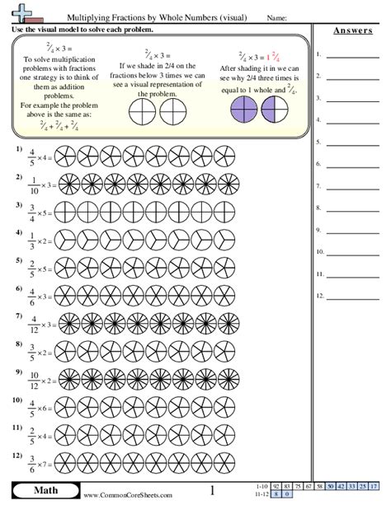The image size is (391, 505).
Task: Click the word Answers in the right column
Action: click(x=351, y=30)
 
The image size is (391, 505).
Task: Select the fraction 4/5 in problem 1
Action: click(x=32, y=155)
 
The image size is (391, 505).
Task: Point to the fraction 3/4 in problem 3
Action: click(x=32, y=213)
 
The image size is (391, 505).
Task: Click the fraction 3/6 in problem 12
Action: click(x=32, y=462)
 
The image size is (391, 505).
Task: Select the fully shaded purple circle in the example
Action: click(x=245, y=110)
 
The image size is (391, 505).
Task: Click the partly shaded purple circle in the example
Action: click(x=276, y=110)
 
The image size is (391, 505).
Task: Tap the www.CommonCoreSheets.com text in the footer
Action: click(x=128, y=494)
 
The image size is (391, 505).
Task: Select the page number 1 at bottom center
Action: click(x=212, y=491)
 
